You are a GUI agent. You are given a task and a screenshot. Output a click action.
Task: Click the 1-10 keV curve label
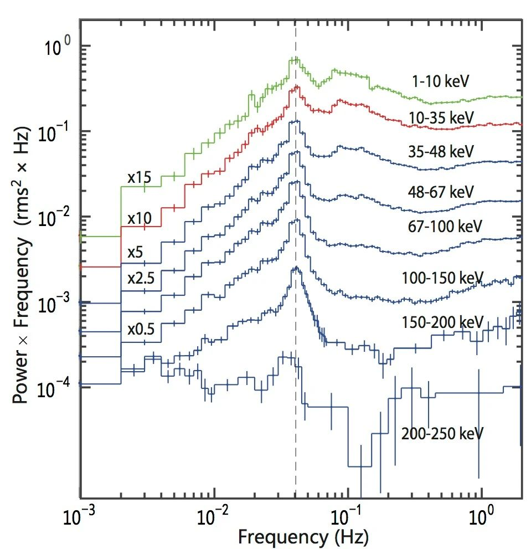pyautogui.click(x=440, y=81)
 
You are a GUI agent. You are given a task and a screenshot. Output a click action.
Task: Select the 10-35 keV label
pyautogui.click(x=442, y=117)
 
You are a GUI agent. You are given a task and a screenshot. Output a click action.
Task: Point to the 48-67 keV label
pyautogui.click(x=441, y=192)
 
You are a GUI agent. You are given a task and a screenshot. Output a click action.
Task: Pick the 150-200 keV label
pyautogui.click(x=443, y=321)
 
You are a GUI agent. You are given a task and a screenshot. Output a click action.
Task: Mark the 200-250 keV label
pyautogui.click(x=442, y=433)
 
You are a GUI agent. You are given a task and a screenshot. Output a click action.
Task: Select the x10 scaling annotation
pyautogui.click(x=140, y=218)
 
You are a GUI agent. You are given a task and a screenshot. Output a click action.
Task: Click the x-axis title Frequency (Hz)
pyautogui.click(x=303, y=536)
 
